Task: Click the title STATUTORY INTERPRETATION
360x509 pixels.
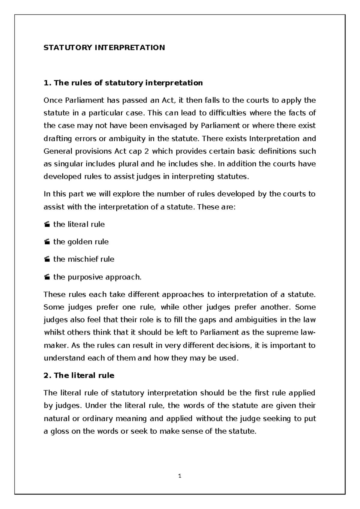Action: pos(104,48)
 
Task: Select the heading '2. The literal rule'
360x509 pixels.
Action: pos(79,375)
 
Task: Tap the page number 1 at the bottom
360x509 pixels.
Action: pos(180,476)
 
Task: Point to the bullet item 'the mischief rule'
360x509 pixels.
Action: pos(84,259)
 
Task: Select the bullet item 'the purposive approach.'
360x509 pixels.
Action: pos(97,277)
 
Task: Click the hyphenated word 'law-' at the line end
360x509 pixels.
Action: pos(307,333)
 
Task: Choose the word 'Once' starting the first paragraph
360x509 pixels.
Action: pos(52,100)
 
